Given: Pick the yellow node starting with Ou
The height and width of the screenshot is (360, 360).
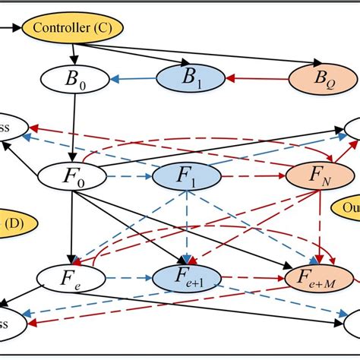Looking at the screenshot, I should click(x=347, y=207).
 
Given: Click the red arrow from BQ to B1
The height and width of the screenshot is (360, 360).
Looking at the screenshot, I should click(x=257, y=77).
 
